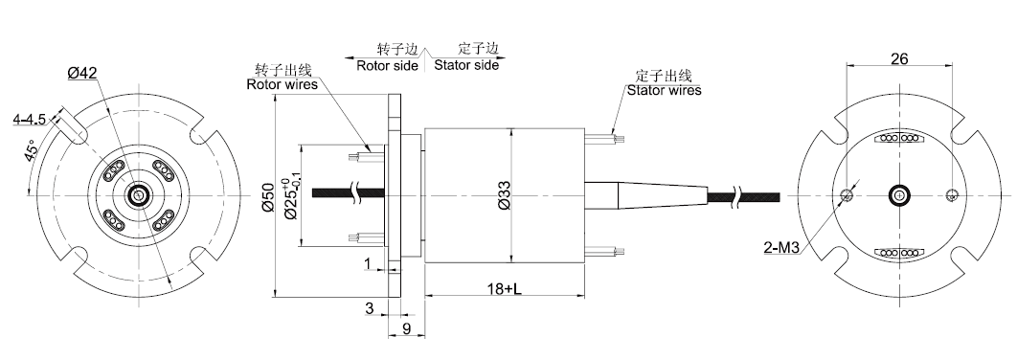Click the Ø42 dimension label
point(81,74)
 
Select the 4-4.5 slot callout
point(29,120)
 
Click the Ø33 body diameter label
point(505,194)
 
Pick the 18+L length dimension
point(504,288)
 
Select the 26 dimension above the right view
point(899,59)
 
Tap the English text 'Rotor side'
point(387,65)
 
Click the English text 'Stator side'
point(466,65)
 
